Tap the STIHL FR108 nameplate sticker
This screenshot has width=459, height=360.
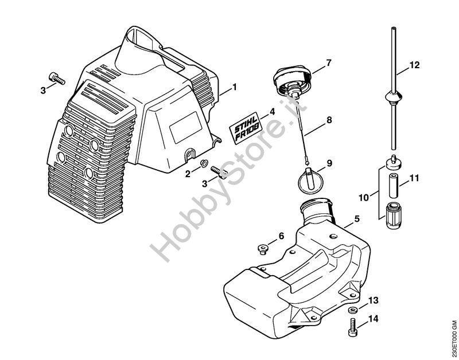click(x=247, y=128)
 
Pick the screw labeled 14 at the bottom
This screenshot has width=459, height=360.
click(x=352, y=328)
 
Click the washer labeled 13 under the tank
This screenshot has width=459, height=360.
click(x=352, y=310)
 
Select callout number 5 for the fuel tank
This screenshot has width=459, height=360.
click(x=356, y=218)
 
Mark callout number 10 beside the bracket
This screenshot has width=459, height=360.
click(x=363, y=198)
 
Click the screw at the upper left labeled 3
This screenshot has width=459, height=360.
click(x=56, y=77)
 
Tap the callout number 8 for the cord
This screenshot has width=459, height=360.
click(x=329, y=121)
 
